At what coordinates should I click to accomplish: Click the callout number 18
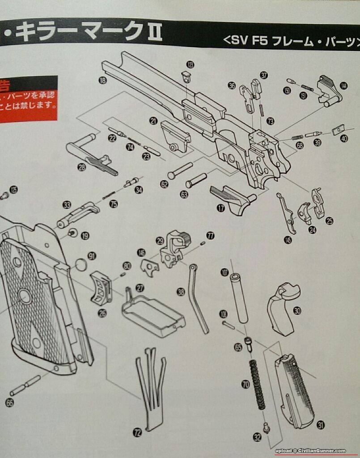[103, 80]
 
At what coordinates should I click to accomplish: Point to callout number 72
[138, 432]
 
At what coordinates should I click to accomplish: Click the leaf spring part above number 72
[151, 385]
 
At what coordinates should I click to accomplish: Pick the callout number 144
[343, 86]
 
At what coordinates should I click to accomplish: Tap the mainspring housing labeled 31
[295, 389]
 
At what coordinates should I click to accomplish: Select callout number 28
[81, 167]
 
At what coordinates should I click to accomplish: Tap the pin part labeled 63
[196, 180]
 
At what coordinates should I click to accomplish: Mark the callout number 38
[181, 292]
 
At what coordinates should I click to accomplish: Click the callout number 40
[344, 139]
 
